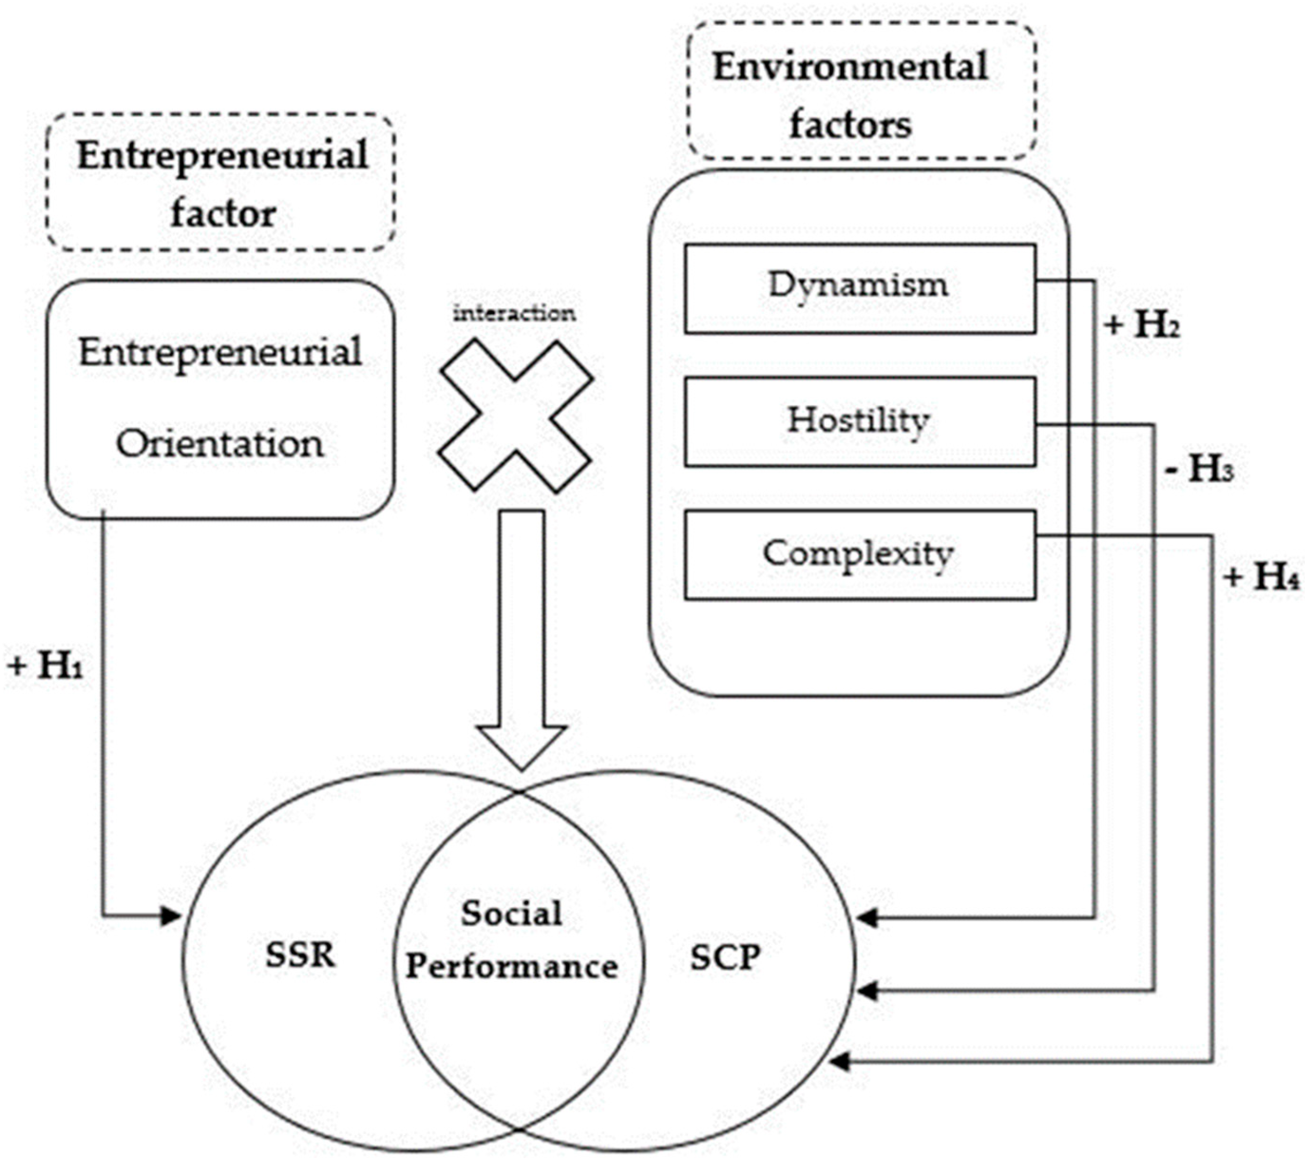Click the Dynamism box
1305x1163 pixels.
(859, 288)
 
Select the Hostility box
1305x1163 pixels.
(859, 422)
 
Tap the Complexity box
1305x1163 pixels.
(859, 555)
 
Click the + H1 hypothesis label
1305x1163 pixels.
(46, 666)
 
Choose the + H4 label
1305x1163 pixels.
(1261, 577)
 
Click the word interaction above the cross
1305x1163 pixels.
(514, 313)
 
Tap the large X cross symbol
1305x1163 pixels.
(515, 416)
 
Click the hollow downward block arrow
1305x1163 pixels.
(522, 639)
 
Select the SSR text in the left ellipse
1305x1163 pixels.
(300, 955)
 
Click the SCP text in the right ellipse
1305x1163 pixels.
(725, 956)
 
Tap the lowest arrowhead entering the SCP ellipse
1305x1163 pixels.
(839, 1062)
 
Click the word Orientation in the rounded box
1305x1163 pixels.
(220, 444)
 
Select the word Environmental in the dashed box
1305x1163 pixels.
(850, 67)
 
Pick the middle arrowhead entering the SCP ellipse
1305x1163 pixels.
(867, 992)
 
